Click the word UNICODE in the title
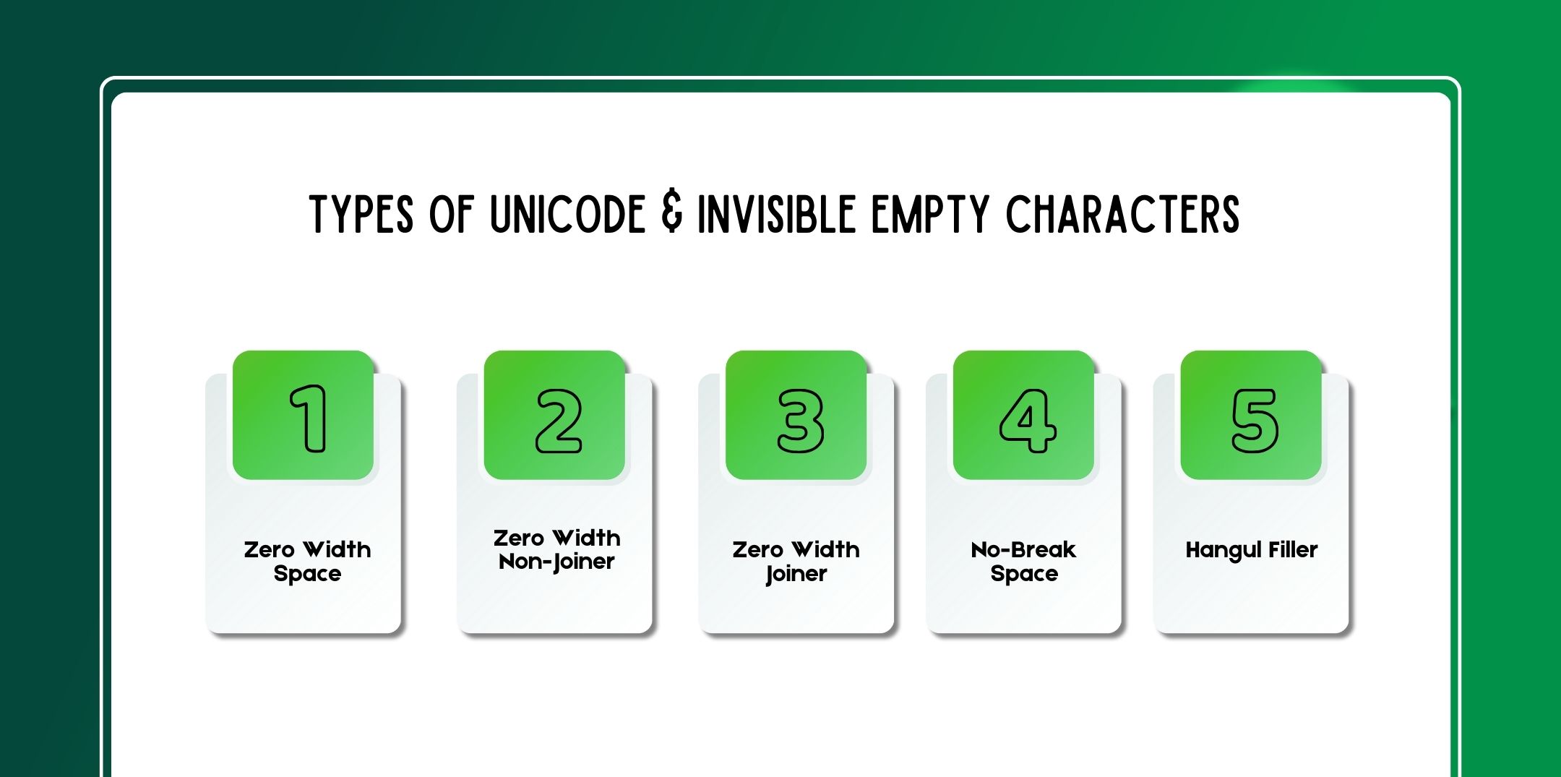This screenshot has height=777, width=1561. click(x=567, y=214)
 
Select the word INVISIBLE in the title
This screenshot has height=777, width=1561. click(x=777, y=214)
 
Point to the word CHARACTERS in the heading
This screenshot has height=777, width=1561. click(x=1122, y=214)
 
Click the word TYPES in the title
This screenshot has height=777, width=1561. click(x=361, y=214)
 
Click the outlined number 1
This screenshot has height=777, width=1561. click(x=309, y=418)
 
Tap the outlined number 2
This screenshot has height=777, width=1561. click(x=559, y=421)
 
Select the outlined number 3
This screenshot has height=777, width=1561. click(x=800, y=421)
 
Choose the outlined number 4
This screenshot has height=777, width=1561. click(x=1028, y=421)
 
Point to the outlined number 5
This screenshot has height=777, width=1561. click(x=1255, y=421)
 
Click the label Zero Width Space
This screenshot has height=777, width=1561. click(x=307, y=562)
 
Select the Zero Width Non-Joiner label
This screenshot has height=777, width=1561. click(x=556, y=550)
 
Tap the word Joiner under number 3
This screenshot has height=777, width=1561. click(x=796, y=575)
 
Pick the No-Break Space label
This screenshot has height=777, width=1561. click(x=1024, y=562)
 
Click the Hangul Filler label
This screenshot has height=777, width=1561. click(x=1252, y=551)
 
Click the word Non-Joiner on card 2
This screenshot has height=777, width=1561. click(x=556, y=562)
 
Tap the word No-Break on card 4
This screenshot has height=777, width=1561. click(x=1024, y=550)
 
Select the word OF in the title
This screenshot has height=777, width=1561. click(x=452, y=214)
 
